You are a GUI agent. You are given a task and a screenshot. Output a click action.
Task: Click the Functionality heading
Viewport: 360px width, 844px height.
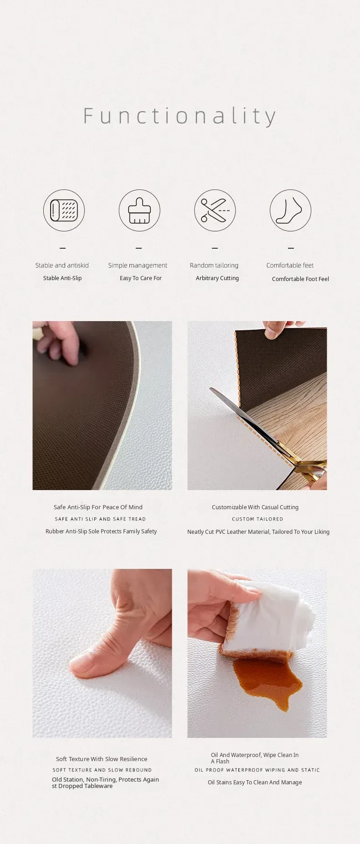click(x=180, y=117)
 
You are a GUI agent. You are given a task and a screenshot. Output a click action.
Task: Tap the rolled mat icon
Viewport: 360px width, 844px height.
click(x=64, y=210)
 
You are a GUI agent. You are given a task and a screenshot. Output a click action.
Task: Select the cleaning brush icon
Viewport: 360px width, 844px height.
click(x=139, y=210)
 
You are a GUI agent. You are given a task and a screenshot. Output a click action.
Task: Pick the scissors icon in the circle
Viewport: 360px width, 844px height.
click(x=215, y=210)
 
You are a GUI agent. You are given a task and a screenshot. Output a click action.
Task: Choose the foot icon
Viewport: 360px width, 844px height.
click(x=290, y=210)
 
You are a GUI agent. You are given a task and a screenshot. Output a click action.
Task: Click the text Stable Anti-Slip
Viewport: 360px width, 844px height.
click(x=62, y=278)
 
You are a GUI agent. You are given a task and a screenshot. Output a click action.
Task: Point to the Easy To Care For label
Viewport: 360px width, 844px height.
click(x=141, y=278)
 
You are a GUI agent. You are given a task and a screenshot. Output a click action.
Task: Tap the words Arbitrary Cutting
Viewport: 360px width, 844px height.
click(x=217, y=278)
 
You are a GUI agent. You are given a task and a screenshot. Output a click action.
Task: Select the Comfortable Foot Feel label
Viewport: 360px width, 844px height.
click(x=300, y=279)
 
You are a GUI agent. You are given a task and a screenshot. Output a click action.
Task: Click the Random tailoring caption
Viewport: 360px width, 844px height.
click(x=214, y=265)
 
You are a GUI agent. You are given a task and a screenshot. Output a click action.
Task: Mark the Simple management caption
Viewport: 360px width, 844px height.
click(x=138, y=265)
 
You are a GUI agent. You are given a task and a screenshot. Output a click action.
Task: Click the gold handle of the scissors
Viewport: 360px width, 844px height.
click(x=310, y=469)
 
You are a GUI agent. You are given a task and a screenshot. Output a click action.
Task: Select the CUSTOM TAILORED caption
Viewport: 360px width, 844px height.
click(x=257, y=519)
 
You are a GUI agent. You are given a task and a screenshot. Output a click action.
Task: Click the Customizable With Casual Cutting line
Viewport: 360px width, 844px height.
click(x=255, y=507)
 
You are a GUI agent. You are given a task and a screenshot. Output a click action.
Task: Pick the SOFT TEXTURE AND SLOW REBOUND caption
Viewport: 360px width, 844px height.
click(x=102, y=770)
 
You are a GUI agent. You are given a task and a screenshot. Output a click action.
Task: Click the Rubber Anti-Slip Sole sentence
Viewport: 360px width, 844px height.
click(x=101, y=531)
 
